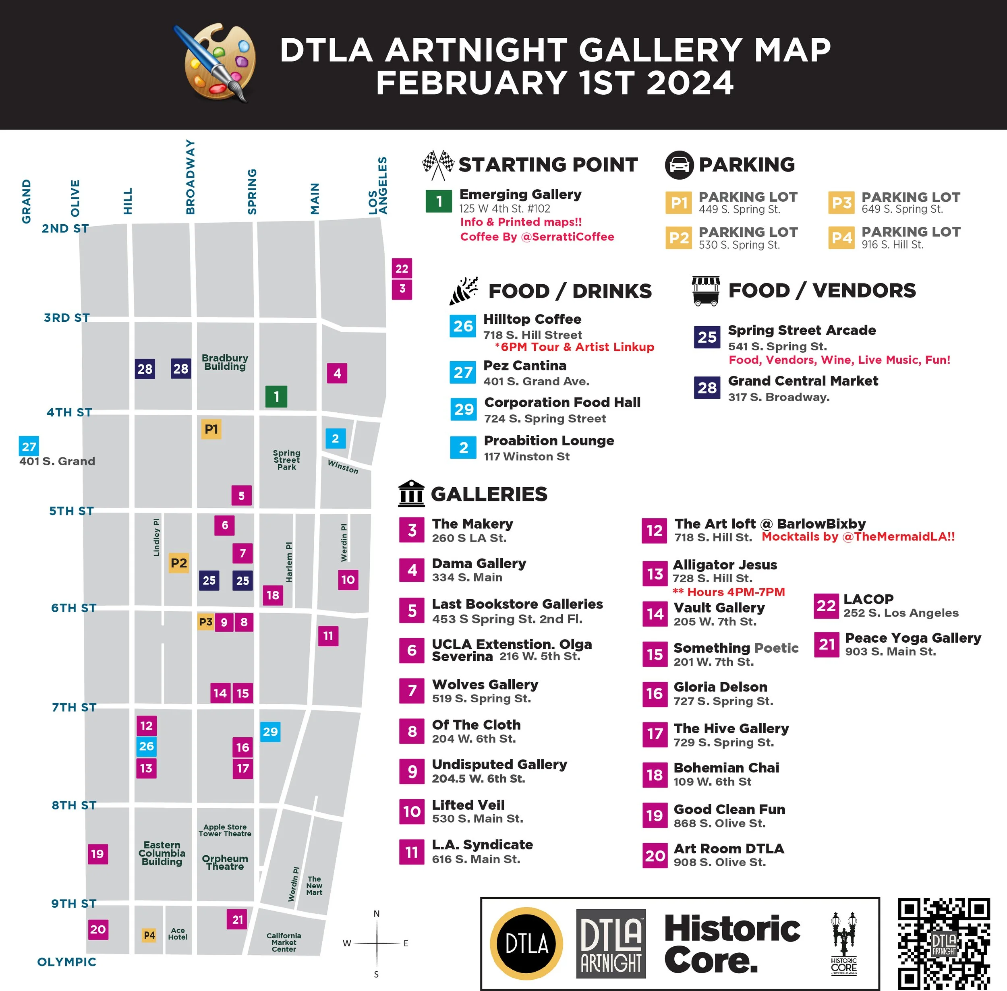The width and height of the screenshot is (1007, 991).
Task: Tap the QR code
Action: click(x=943, y=943)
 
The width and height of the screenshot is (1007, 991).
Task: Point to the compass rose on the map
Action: click(x=377, y=943)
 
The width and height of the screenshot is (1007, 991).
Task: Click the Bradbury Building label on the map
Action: click(x=225, y=362)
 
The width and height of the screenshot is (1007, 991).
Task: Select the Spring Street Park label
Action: click(x=286, y=460)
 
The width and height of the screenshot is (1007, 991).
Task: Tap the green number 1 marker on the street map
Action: click(x=276, y=397)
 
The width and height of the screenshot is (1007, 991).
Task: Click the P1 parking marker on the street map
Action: click(x=211, y=429)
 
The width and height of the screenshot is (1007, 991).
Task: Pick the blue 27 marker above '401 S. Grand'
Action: click(x=29, y=446)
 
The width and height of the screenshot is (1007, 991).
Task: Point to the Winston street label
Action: click(x=343, y=466)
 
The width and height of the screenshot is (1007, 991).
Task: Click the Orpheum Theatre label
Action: click(x=225, y=863)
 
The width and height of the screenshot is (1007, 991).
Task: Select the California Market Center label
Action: click(x=284, y=942)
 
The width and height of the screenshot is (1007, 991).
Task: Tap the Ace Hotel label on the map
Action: click(x=178, y=934)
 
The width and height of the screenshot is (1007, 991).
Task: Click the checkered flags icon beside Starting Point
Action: click(x=437, y=164)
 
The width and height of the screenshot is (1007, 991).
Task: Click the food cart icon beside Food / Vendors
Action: click(x=706, y=290)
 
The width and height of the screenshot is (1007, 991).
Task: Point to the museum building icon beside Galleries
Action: click(x=411, y=493)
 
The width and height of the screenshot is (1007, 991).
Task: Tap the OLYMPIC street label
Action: click(x=66, y=962)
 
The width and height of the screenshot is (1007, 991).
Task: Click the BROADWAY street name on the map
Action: click(x=191, y=177)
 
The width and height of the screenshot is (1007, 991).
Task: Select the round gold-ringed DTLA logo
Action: click(x=526, y=943)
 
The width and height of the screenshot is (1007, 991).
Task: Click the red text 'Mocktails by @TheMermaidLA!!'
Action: click(x=858, y=537)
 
